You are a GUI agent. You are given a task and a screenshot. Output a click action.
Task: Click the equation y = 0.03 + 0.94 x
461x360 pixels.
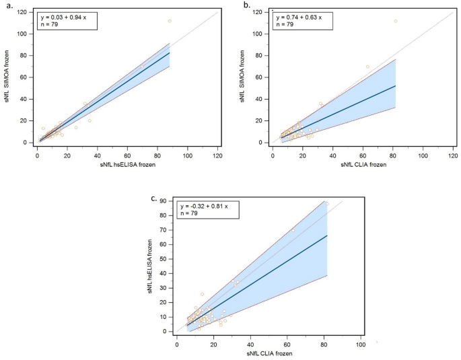coord(66,16)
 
